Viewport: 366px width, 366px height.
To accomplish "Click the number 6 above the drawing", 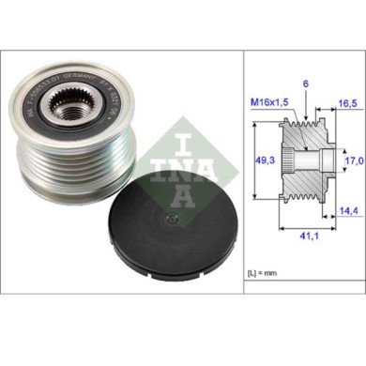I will pyautogui.click(x=306, y=84).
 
